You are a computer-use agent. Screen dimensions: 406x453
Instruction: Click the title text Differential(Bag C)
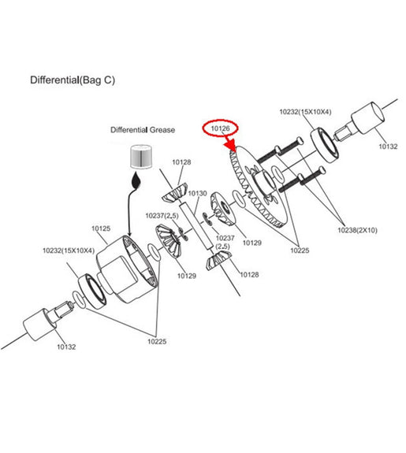pos(73,80)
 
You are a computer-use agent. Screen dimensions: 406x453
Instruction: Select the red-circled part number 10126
pos(221,128)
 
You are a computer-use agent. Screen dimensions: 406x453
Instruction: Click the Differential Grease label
pos(143,130)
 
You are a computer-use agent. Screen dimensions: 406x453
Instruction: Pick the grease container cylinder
pos(141,156)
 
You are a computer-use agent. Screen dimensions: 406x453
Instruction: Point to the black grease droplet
pos(136,181)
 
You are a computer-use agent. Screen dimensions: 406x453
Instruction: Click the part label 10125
pos(101,228)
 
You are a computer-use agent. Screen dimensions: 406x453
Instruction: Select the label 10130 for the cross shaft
pos(198,193)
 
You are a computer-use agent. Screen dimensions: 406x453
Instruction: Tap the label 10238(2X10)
pos(357,230)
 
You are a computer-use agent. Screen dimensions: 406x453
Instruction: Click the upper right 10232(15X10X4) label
pos(305,112)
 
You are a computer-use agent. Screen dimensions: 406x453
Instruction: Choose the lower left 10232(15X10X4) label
pos(69,251)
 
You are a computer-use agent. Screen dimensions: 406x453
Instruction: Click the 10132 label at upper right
pos(388,147)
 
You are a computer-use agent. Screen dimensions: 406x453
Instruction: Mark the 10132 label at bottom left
pos(66,347)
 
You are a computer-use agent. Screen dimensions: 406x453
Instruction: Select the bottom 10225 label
pos(157,341)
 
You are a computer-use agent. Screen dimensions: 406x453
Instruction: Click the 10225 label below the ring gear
pos(300,251)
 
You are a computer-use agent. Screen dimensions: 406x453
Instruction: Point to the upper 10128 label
pos(181,162)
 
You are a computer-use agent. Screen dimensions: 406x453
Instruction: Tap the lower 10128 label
pos(249,274)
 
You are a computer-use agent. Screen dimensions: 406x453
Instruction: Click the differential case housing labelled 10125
pos(126,269)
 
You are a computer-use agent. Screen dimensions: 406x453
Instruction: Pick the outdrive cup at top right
pos(368,118)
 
